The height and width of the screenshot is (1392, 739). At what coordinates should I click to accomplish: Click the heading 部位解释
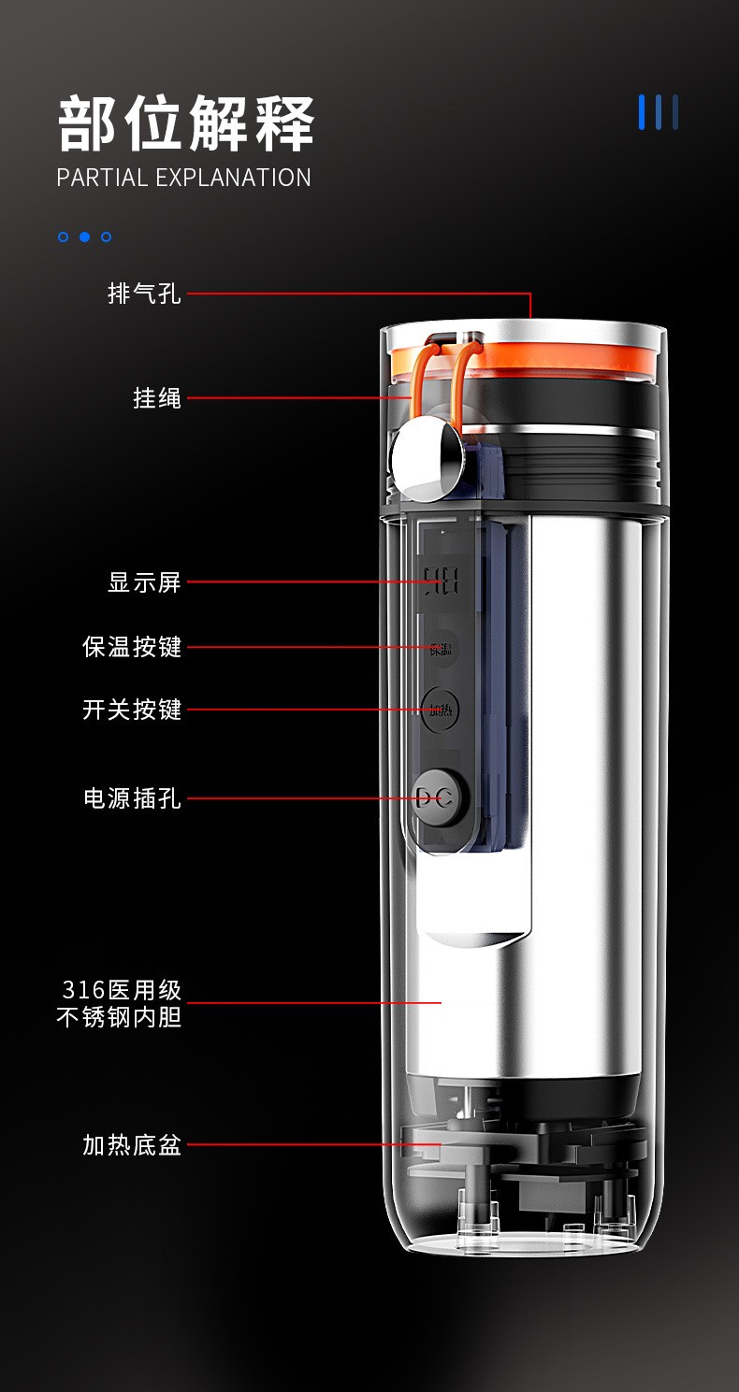pyautogui.click(x=185, y=123)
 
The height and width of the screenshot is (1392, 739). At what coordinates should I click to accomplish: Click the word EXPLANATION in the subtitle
pyautogui.click(x=233, y=178)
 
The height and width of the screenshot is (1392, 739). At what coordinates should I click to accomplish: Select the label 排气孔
pyautogui.click(x=144, y=294)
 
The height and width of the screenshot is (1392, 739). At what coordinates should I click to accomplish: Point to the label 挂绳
pyautogui.click(x=157, y=397)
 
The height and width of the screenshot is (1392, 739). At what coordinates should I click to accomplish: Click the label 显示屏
pyautogui.click(x=144, y=582)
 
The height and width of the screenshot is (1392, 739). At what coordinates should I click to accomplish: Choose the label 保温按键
pyautogui.click(x=132, y=647)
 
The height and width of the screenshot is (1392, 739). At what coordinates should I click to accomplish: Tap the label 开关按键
pyautogui.click(x=132, y=709)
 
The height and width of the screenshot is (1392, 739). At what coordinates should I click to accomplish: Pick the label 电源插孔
pyautogui.click(x=132, y=798)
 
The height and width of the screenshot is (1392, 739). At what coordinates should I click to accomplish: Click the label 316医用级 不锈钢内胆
pyautogui.click(x=120, y=1004)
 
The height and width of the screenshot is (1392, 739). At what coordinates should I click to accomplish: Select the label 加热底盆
pyautogui.click(x=132, y=1144)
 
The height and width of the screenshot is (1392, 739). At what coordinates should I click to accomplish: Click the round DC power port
pyautogui.click(x=441, y=798)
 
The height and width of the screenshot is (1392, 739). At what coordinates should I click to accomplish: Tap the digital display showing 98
pyautogui.click(x=442, y=581)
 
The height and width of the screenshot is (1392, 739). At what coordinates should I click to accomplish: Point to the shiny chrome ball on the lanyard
pyautogui.click(x=427, y=458)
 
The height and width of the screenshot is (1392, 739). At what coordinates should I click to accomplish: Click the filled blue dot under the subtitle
pyautogui.click(x=84, y=237)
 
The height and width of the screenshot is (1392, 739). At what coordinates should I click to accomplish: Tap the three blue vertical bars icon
pyautogui.click(x=659, y=112)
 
